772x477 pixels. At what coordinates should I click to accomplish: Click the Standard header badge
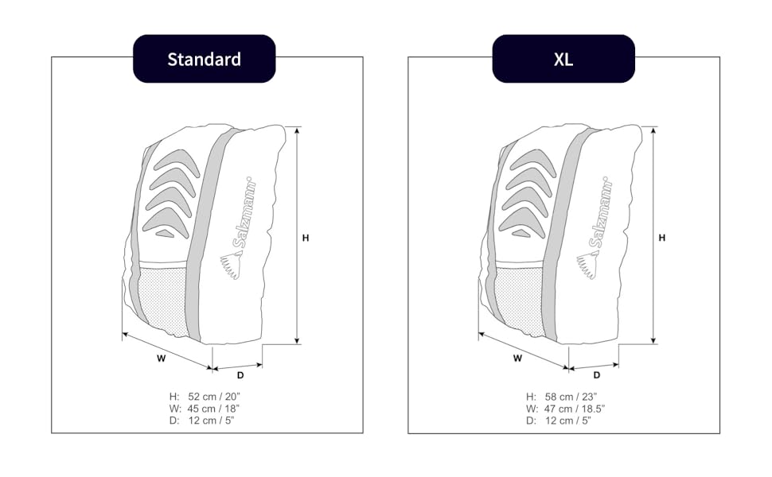coord(204,59)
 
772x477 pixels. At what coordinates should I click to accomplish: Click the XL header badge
coord(563,59)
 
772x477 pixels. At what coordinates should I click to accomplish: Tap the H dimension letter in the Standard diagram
coord(306,237)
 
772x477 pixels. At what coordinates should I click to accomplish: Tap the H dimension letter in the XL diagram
coord(662,237)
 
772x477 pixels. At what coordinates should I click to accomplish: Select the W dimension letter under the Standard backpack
coord(161,358)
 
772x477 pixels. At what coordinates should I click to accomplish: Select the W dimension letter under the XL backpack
coord(517,358)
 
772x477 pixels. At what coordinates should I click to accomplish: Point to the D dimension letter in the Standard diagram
coord(240,374)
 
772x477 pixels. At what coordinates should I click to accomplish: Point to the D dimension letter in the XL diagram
coord(596,374)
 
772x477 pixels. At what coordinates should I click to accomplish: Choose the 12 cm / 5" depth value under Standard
coord(211,420)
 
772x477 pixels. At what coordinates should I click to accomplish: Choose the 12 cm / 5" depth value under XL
coord(567,420)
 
